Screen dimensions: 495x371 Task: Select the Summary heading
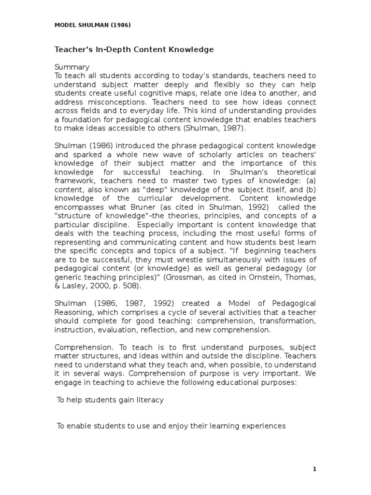coord(72,67)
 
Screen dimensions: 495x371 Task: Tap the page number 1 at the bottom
coord(314,468)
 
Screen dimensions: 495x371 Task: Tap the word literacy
coord(150,400)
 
